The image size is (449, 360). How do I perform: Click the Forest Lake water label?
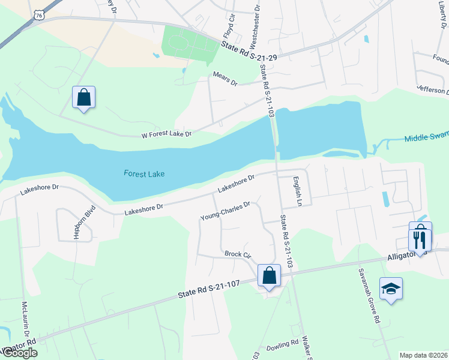[144, 174]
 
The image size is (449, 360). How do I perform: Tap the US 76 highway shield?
[40, 13]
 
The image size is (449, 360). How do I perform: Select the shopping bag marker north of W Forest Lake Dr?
[84, 97]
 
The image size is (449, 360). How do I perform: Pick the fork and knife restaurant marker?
[420, 240]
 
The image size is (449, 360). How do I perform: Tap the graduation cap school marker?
[391, 289]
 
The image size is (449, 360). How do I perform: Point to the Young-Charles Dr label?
[224, 210]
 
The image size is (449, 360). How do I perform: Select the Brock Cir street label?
[237, 254]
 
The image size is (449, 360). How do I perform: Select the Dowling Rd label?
[282, 345]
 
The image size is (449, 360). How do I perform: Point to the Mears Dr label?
[226, 78]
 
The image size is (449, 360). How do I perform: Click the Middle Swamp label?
[426, 137]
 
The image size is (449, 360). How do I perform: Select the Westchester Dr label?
[256, 27]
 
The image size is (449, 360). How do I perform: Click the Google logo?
[20, 353]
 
